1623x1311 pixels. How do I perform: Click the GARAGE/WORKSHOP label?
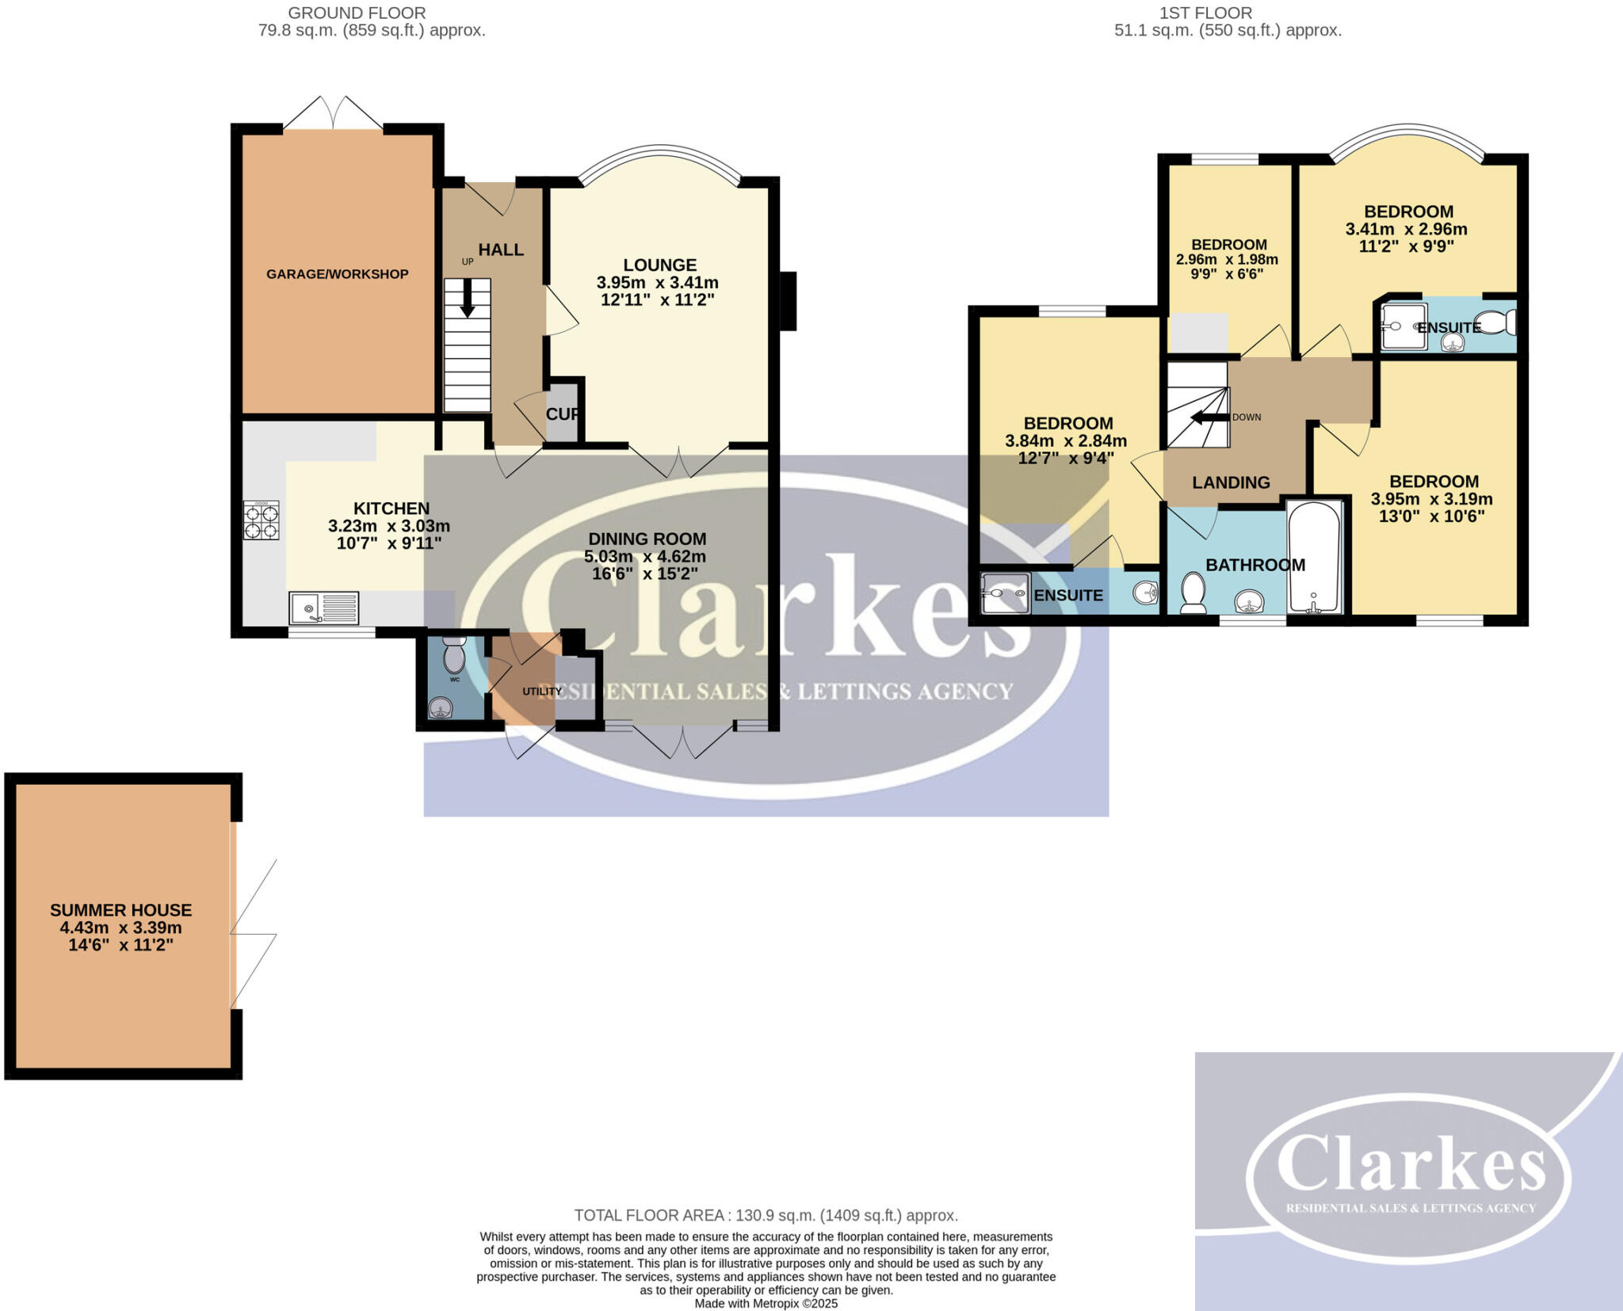click(337, 274)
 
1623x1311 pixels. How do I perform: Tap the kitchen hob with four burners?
click(261, 520)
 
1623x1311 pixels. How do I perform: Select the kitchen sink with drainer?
click(324, 608)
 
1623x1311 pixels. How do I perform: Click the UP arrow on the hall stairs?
click(468, 299)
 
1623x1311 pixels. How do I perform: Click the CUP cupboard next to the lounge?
click(563, 413)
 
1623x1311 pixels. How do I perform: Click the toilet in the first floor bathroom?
click(1193, 593)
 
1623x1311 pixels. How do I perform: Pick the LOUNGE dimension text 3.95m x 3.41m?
click(658, 283)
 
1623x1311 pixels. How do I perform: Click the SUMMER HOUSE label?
click(121, 910)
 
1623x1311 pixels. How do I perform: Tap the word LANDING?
click(1231, 482)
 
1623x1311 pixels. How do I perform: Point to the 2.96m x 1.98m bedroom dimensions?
click(1227, 260)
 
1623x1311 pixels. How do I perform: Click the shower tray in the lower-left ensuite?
click(1005, 593)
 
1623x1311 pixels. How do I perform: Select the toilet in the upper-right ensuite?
click(1498, 322)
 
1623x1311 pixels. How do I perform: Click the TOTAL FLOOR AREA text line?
click(766, 1215)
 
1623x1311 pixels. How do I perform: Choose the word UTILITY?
click(542, 691)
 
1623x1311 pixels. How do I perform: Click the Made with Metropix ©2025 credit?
click(766, 1304)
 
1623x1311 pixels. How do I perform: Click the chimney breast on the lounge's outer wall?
click(788, 300)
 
